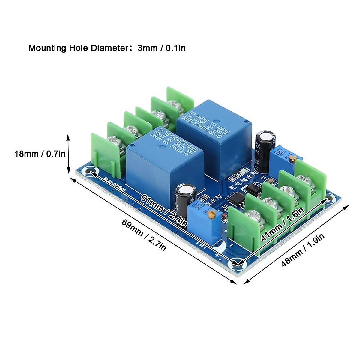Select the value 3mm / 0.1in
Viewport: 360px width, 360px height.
pos(161,48)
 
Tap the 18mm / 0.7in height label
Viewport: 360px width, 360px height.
pos(40,154)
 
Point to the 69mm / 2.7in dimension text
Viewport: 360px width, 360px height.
pos(144,235)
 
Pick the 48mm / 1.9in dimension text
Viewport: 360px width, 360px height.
pos(303,250)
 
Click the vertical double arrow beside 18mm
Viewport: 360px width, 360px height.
pos(68,154)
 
